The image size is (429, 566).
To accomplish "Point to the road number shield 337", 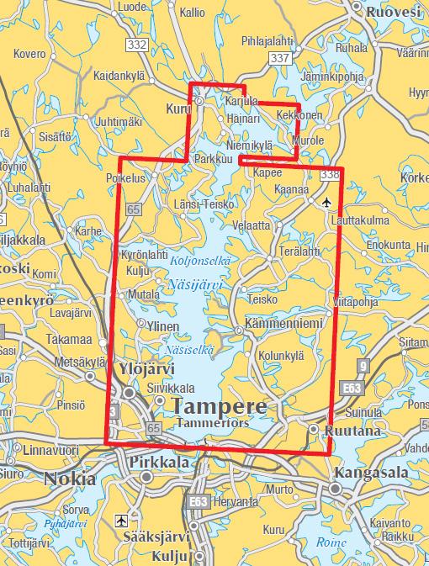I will (x=278, y=57).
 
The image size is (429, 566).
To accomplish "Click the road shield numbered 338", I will (x=330, y=175).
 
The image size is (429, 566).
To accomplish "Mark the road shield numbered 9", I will (x=363, y=366).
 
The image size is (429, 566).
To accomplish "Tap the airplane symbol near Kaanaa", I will (x=327, y=202).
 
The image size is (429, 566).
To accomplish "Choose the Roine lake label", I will (x=331, y=542).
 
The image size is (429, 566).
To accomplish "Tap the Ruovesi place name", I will (x=392, y=12).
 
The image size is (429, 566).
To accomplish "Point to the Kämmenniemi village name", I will (x=283, y=323).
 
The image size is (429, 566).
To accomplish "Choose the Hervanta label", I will (x=236, y=500).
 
